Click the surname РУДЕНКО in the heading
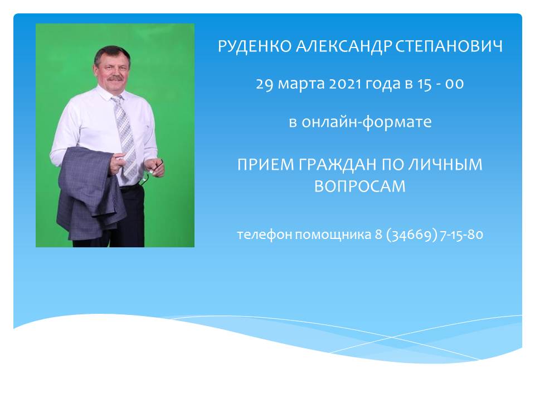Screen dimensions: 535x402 [255, 46]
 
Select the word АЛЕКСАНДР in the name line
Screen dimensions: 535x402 [343, 46]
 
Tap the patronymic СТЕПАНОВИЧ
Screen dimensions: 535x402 [449, 46]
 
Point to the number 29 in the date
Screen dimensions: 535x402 [264, 84]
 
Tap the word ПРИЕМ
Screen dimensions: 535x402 [265, 164]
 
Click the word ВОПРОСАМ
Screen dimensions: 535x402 [359, 186]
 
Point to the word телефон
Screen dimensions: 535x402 [264, 235]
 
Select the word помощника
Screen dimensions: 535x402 [333, 235]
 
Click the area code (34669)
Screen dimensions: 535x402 [411, 235]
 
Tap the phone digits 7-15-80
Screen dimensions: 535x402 [461, 234]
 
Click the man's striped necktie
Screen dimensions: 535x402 [125, 137]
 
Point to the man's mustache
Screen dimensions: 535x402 [115, 78]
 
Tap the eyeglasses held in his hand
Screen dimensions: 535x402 [149, 173]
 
